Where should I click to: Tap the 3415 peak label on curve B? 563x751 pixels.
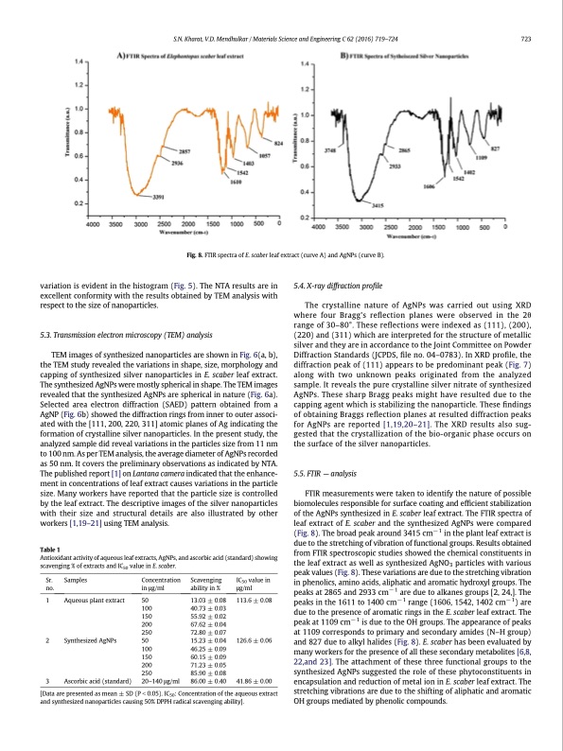coord(380,205)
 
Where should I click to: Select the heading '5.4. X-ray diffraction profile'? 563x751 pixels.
coord(341,286)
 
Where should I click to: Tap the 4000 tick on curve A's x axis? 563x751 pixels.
coord(93,225)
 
